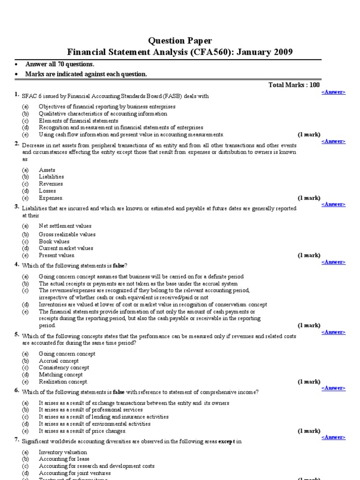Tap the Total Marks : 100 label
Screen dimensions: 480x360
(x=294, y=85)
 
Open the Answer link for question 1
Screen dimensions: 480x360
(x=333, y=92)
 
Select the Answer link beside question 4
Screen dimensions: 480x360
(x=333, y=262)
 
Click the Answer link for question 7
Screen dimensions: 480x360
(x=333, y=437)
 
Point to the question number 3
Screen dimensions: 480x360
(x=16, y=207)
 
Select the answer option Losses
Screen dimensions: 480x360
(x=47, y=191)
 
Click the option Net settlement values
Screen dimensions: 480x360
(x=65, y=226)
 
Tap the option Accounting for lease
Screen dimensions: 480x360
(x=64, y=459)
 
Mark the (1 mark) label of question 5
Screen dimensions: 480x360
(x=309, y=382)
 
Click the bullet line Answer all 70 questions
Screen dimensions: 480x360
(x=60, y=64)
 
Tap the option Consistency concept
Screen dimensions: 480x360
(x=64, y=368)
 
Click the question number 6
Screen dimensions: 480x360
(x=16, y=390)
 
